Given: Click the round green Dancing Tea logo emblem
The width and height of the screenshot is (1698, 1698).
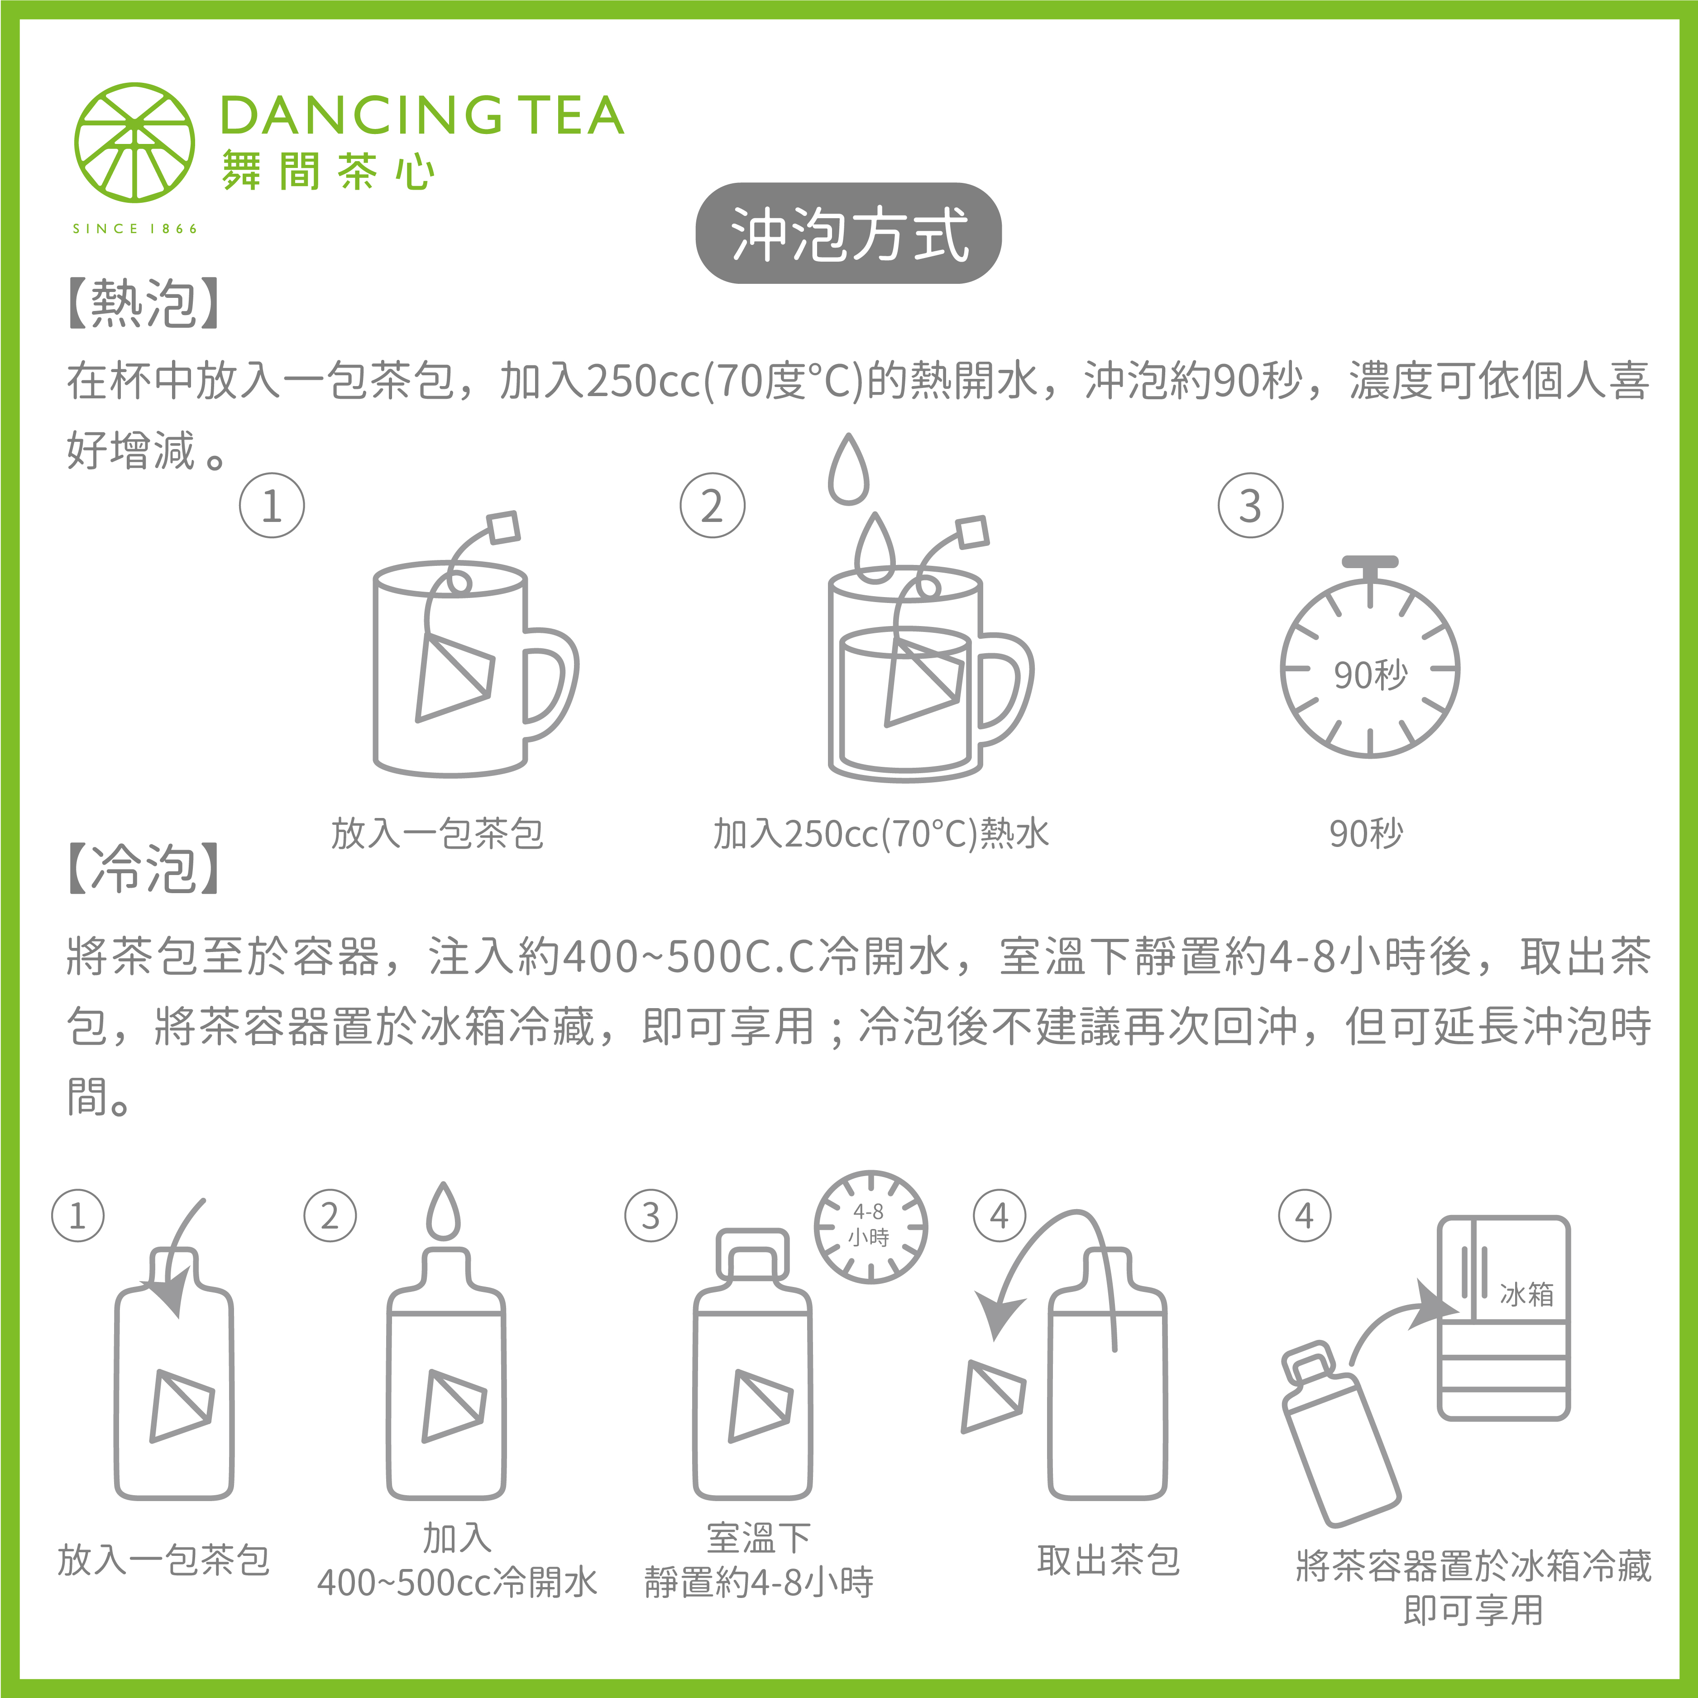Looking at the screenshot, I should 134,143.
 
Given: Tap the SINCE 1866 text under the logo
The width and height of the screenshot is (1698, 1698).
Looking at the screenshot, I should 134,229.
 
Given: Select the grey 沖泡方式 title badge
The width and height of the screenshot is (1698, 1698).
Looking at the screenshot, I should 848,234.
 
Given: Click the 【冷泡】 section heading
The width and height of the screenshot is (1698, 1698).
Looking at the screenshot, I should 143,868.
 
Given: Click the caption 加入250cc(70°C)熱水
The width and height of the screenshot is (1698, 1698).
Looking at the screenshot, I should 880,833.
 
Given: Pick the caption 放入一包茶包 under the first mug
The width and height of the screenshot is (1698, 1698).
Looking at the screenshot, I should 437,833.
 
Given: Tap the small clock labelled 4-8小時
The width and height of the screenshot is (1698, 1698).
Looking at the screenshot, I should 870,1226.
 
